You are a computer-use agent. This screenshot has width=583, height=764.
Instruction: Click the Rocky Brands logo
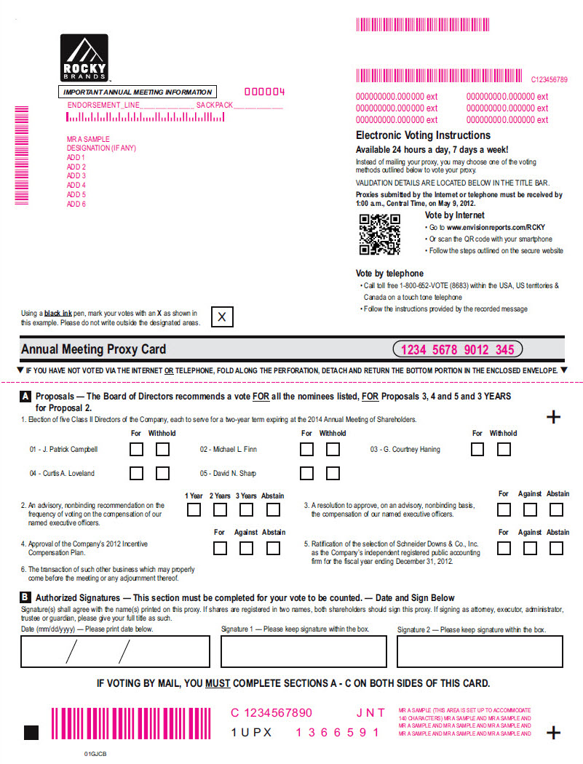coord(84,57)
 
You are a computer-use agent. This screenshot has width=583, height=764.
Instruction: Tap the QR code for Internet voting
coord(379,234)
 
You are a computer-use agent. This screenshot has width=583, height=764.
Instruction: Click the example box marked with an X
coord(222,317)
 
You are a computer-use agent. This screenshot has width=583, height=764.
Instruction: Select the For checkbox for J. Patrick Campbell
coord(136,449)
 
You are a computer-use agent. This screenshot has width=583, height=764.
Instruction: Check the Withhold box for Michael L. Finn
coord(333,449)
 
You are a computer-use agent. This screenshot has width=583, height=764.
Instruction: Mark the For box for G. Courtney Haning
coord(477,449)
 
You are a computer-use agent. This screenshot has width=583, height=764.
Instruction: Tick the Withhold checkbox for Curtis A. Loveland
coord(162,474)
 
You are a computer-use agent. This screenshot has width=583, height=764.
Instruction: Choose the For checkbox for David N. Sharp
coord(307,474)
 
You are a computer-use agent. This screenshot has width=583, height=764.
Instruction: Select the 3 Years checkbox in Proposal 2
coord(246,509)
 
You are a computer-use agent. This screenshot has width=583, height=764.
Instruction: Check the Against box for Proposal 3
coord(530,509)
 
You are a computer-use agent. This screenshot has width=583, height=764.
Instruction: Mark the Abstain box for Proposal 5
coord(557,548)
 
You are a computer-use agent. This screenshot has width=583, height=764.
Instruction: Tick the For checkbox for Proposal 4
coord(220,548)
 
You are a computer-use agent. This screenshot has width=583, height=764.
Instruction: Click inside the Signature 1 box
coord(304,651)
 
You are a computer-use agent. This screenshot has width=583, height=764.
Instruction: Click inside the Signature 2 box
coord(480,651)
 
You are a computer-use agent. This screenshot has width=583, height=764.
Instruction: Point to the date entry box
coord(115,651)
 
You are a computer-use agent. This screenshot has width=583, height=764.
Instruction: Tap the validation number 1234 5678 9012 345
coord(457,350)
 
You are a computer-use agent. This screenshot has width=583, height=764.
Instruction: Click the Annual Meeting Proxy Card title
coord(94,349)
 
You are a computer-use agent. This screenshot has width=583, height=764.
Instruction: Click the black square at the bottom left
coord(31,732)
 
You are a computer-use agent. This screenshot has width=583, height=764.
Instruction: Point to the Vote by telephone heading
coord(389,274)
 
